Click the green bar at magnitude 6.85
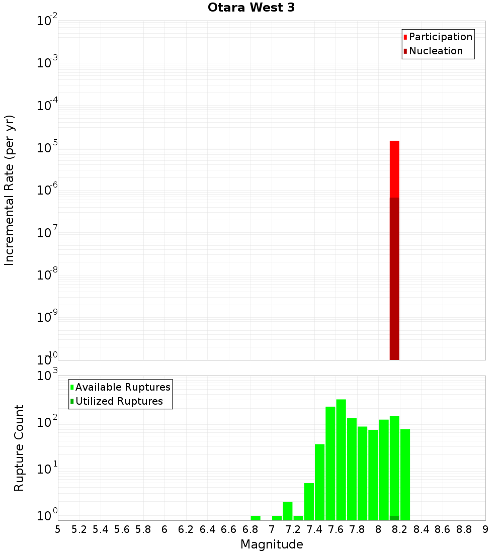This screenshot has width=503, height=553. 256,518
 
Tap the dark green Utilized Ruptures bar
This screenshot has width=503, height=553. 394,518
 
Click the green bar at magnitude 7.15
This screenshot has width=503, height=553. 288,511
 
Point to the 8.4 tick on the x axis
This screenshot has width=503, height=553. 421,529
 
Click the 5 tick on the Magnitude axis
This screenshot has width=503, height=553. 58,529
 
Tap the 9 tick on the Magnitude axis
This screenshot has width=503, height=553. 485,529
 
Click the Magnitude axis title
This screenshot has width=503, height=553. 272,544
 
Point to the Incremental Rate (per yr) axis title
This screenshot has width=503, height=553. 10,190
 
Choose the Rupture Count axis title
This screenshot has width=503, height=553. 19,448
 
